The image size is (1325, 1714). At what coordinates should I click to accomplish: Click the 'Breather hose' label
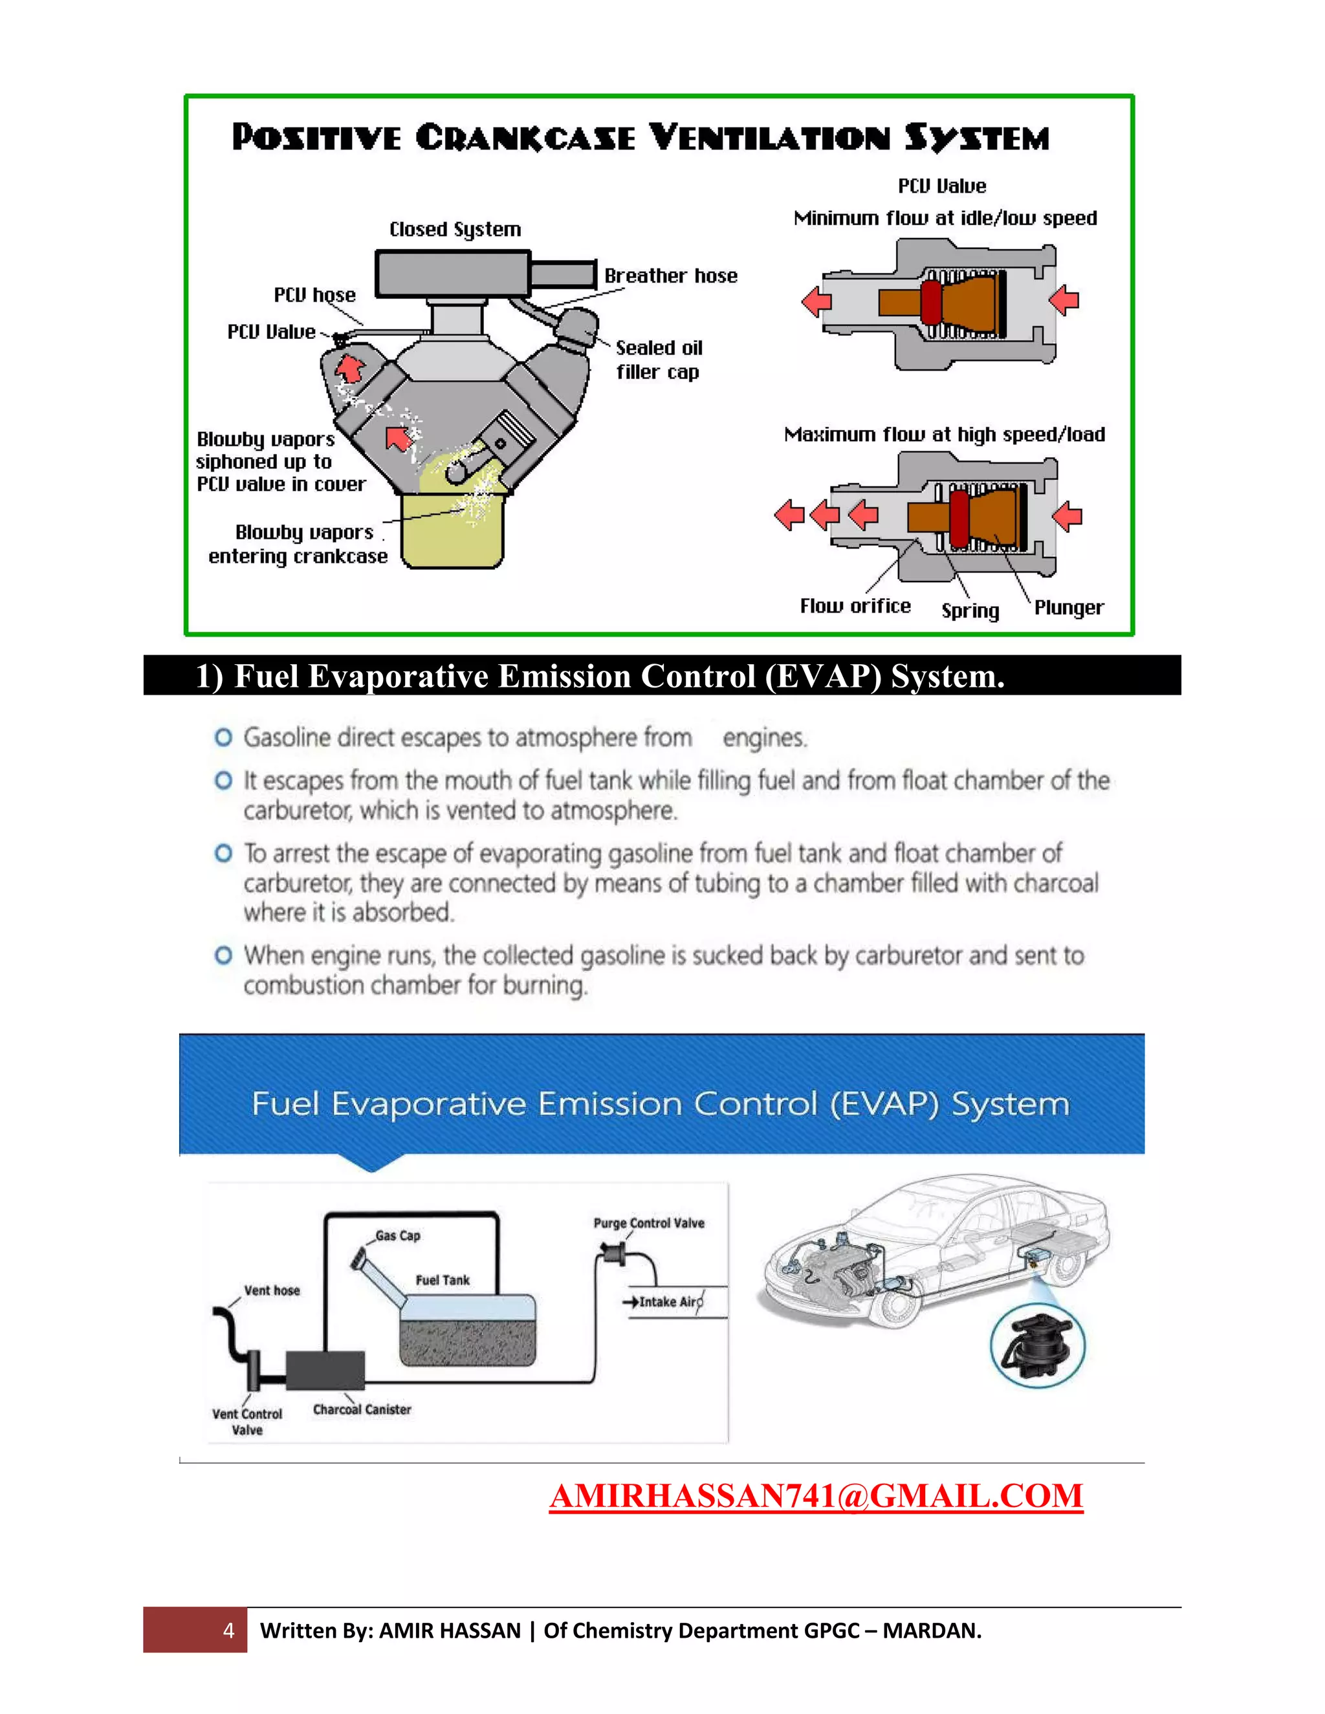(670, 276)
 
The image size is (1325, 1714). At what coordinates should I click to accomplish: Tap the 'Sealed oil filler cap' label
(658, 360)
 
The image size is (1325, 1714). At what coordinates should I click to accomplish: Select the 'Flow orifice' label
(855, 606)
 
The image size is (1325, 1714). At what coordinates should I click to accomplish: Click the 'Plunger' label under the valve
(1068, 607)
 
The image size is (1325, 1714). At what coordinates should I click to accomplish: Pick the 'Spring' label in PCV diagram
(970, 611)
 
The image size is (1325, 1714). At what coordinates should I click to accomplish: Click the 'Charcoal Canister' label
(362, 1409)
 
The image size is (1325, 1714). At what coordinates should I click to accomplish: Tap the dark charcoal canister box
(325, 1371)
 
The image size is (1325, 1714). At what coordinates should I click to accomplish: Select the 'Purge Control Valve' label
(648, 1222)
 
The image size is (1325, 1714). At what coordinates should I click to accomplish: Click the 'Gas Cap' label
(397, 1235)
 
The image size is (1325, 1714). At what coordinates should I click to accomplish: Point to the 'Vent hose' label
(272, 1290)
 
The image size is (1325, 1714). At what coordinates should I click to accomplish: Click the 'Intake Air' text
(669, 1302)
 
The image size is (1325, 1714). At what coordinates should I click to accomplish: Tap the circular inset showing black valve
(1038, 1347)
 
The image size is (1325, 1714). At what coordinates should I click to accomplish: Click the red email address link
(816, 1496)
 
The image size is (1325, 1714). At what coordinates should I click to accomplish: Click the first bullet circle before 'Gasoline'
(224, 738)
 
